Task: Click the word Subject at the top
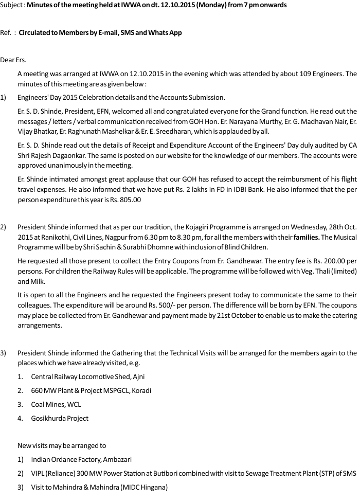tap(12, 5)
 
